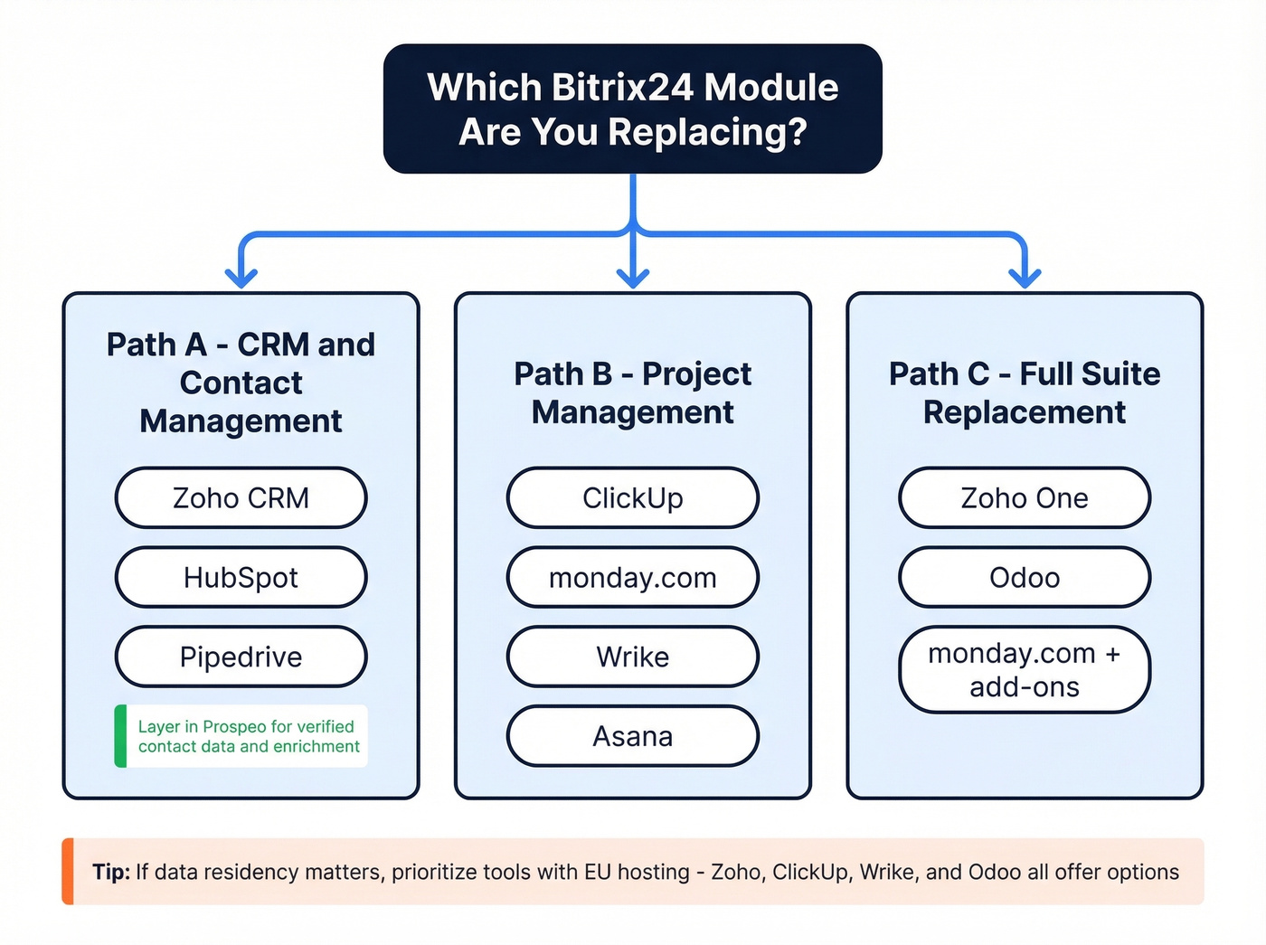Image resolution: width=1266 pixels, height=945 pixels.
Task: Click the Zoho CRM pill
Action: click(x=241, y=497)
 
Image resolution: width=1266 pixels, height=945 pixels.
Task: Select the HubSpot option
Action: click(x=241, y=577)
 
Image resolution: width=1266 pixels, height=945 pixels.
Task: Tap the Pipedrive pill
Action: click(x=241, y=657)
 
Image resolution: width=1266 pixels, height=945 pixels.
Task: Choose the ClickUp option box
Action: click(x=632, y=497)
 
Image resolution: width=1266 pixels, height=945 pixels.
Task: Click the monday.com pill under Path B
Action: click(x=632, y=577)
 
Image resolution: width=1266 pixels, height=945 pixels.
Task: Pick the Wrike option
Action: click(x=632, y=657)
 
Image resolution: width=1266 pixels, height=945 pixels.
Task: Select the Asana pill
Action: click(x=632, y=736)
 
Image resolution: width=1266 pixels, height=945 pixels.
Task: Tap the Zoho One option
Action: click(x=1024, y=497)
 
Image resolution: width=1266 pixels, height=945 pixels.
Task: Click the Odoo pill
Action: click(x=1024, y=577)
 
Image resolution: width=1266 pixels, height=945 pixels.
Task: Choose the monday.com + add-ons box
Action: click(x=1024, y=669)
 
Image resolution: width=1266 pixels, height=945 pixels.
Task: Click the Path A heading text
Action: click(x=241, y=383)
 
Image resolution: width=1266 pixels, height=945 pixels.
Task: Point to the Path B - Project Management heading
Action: click(x=632, y=392)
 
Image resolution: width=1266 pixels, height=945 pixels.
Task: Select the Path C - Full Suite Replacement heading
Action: click(x=1024, y=392)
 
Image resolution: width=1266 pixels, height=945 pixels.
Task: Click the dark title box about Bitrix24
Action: click(x=632, y=109)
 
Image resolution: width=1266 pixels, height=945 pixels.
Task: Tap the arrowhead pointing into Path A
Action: click(x=241, y=277)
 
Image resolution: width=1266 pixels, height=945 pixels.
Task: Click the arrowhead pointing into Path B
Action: click(x=633, y=277)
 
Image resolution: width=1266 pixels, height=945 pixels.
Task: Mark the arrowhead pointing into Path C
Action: click(x=1025, y=277)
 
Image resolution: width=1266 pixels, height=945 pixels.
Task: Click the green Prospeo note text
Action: click(x=248, y=736)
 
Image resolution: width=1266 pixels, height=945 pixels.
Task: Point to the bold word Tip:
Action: click(x=111, y=872)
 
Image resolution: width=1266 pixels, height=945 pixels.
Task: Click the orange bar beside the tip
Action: click(x=68, y=872)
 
